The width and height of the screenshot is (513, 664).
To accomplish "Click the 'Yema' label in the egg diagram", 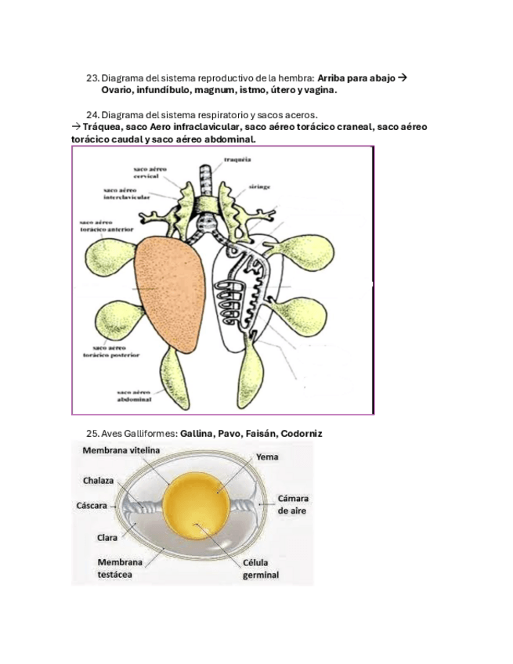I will [x=267, y=456].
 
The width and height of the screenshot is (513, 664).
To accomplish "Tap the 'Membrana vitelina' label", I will [x=121, y=451].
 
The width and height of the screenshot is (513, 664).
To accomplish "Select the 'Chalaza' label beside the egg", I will [x=101, y=480].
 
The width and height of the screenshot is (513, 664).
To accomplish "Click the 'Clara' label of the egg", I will [x=107, y=538].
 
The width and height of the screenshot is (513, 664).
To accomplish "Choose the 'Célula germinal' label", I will [x=261, y=568].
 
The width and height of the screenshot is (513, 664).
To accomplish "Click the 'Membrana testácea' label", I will [x=120, y=568].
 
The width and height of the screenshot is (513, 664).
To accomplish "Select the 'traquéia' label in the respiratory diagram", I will [x=237, y=159].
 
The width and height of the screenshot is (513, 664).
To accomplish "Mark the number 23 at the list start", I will [x=92, y=78].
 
